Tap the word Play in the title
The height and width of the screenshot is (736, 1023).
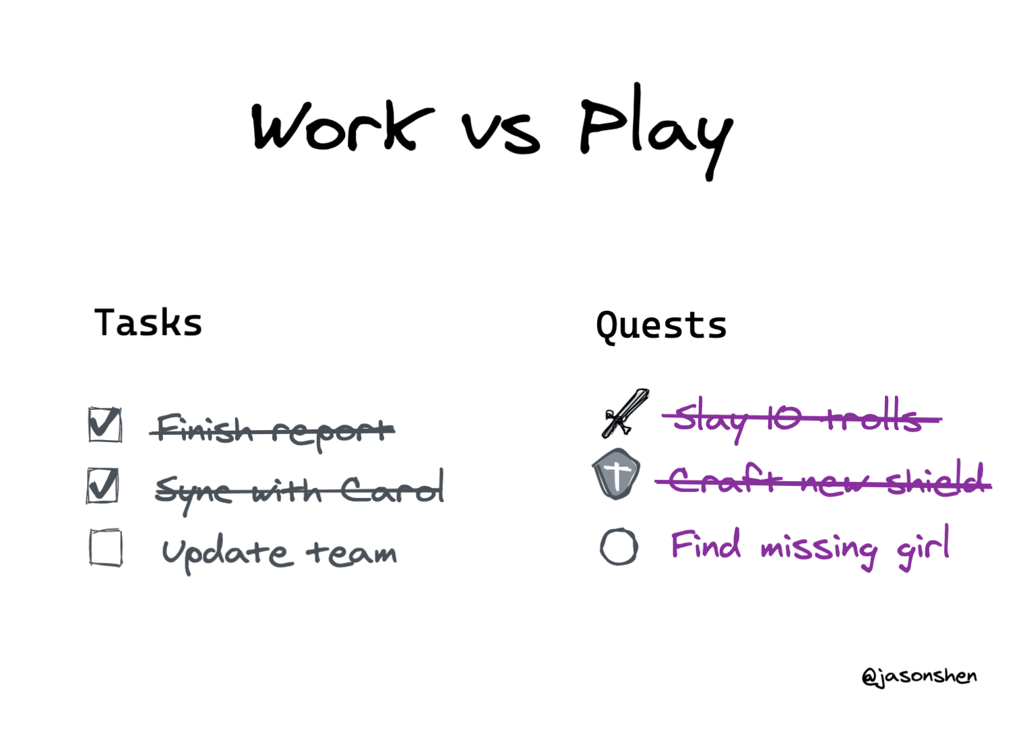(656, 131)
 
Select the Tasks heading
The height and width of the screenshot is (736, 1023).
(148, 323)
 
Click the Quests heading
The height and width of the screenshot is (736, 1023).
(661, 326)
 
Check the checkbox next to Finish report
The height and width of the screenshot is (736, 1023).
(105, 425)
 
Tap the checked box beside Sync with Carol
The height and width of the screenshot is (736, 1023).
(102, 485)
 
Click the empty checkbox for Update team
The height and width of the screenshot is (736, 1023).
(106, 547)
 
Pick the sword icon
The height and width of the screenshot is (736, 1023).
(625, 413)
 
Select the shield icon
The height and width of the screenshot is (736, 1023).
(616, 474)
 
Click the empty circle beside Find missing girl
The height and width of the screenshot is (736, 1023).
(619, 547)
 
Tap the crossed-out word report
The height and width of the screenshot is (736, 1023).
(334, 432)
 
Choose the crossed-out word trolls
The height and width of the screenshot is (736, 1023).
(875, 415)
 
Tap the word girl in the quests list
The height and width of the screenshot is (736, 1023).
(923, 547)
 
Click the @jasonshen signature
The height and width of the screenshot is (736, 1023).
(919, 677)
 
